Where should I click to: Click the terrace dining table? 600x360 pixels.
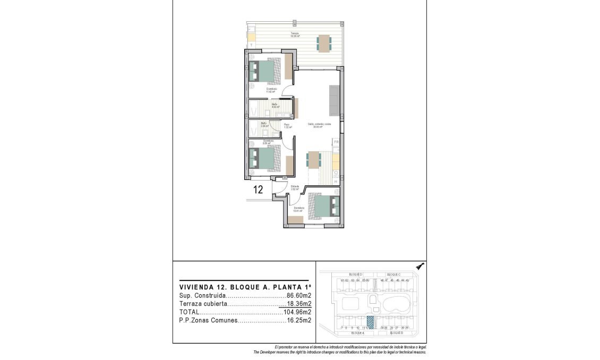pos(323,42)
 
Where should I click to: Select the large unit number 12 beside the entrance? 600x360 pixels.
pos(259,190)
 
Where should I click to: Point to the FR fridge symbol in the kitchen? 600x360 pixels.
pos(336,142)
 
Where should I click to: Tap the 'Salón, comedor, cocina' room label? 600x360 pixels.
pos(320,125)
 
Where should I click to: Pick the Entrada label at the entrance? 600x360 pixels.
pos(295,186)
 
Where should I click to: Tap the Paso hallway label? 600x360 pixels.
pos(287,125)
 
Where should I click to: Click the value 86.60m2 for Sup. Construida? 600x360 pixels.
pos(299,295)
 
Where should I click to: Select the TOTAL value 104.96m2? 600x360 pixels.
pos(298,312)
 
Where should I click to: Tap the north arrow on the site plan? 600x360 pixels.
pos(419,267)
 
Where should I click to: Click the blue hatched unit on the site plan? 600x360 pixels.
pos(371,322)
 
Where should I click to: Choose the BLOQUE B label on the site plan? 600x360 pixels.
pos(397,333)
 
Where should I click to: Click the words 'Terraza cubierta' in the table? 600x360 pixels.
pos(204,304)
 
